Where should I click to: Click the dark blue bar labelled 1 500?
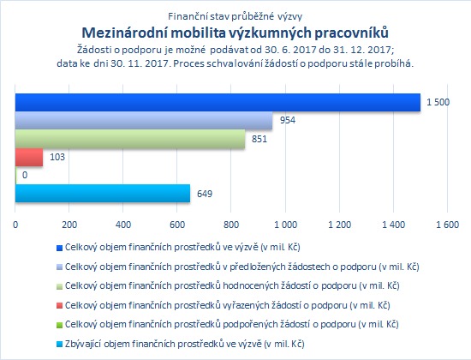[218, 102]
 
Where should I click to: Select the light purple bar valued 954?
[144, 120]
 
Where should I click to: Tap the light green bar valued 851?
[130, 139]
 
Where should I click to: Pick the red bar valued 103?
[29, 157]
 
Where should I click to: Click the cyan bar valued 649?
[103, 194]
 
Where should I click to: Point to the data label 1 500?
[438, 102]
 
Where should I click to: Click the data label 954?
[288, 120]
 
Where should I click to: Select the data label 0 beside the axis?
[25, 175]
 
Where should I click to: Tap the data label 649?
[205, 194]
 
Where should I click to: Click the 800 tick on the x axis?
[231, 225]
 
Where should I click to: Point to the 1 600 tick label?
[448, 225]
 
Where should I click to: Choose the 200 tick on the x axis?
[69, 225]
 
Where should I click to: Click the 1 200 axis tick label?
[339, 225]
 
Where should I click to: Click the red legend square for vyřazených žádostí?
[59, 306]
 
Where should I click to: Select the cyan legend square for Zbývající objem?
[59, 345]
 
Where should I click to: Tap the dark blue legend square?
[59, 248]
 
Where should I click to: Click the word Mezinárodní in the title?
[124, 33]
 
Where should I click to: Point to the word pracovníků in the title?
[351, 33]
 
